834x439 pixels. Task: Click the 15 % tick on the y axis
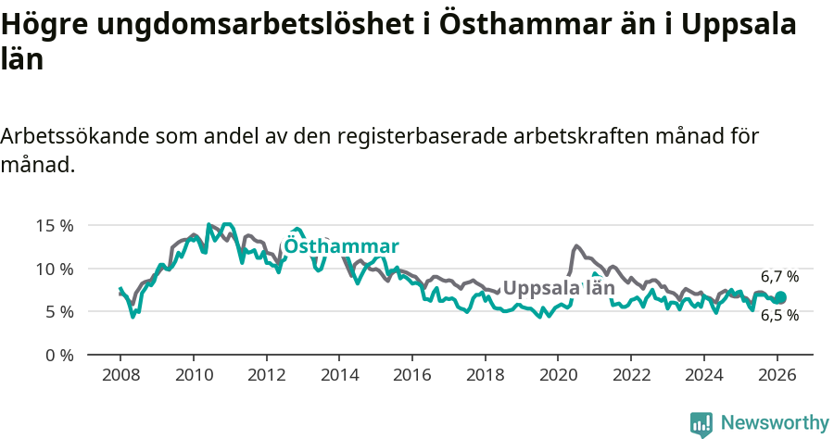(55, 225)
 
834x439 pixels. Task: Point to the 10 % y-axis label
(55, 269)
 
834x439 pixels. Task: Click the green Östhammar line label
(341, 246)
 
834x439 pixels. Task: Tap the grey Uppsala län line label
(559, 287)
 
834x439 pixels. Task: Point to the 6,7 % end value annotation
(779, 276)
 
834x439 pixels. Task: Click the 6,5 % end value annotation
(779, 315)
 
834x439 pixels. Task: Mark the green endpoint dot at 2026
(780, 297)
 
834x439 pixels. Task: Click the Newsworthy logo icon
(701, 423)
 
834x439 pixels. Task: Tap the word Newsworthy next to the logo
(774, 422)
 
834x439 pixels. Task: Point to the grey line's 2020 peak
(576, 245)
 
